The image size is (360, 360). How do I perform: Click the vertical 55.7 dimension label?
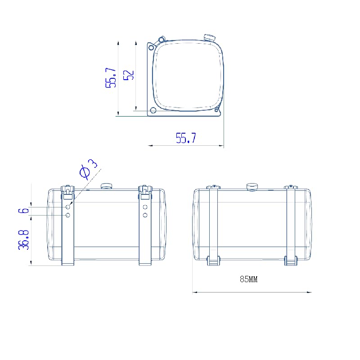point(111,78)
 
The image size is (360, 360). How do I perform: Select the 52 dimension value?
point(129,75)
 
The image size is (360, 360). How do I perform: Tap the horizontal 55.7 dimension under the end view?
point(186,138)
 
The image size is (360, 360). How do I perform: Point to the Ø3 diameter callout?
point(88,169)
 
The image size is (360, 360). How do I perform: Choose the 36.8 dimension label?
point(24,240)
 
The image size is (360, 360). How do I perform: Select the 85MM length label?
point(249,279)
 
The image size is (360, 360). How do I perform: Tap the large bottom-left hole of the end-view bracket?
point(153,110)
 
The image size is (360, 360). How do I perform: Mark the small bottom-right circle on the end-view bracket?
point(216,110)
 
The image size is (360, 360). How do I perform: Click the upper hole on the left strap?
point(67,207)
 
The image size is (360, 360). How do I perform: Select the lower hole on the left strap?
point(67,216)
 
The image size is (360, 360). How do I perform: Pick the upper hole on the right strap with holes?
point(145,207)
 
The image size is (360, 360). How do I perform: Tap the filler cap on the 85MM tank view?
point(252,186)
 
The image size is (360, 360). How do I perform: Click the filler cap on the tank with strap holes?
point(106,186)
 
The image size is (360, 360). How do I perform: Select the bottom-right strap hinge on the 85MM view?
point(291,261)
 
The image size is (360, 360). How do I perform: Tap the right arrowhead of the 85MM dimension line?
point(309,292)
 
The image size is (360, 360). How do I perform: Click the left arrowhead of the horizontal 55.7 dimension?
point(150,145)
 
